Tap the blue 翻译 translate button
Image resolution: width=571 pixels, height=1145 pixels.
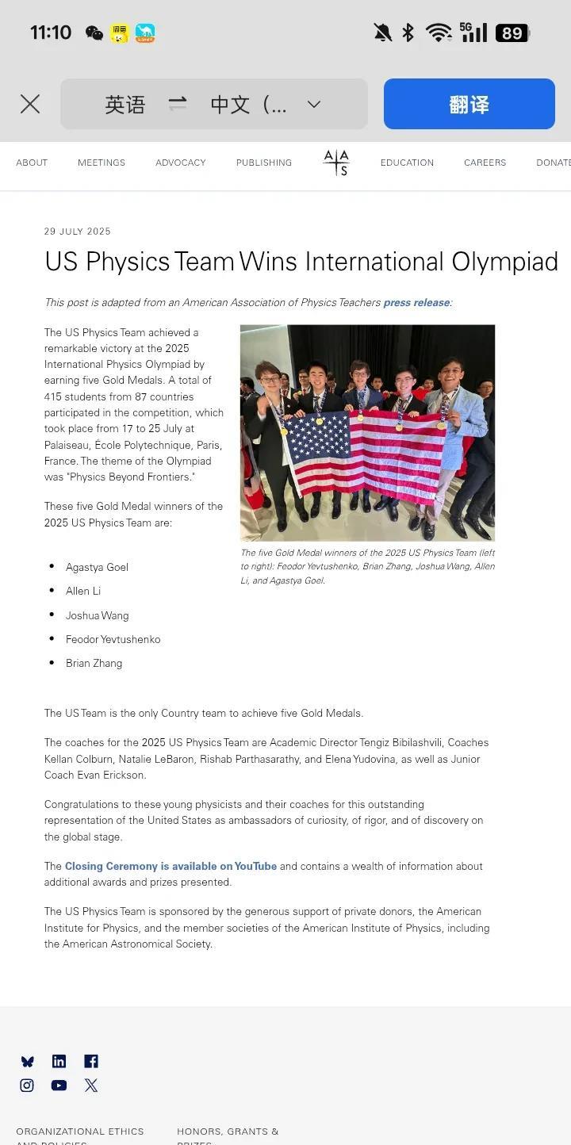pos(469,104)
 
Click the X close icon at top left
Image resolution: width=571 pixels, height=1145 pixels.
pos(30,104)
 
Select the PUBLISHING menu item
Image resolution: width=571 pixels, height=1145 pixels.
pos(263,163)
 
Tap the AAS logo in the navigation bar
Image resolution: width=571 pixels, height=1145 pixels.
pos(336,163)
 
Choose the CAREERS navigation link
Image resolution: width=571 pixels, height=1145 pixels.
pos(485,163)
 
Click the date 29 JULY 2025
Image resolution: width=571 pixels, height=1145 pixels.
pos(78,232)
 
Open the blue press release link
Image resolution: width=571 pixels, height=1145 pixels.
pos(416,302)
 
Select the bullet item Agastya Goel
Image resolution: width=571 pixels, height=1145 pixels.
pos(97,567)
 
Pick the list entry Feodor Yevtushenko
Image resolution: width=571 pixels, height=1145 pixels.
pos(113,639)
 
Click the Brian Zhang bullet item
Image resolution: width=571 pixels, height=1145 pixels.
pos(94,663)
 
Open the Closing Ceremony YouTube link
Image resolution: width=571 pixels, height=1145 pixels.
pos(171,866)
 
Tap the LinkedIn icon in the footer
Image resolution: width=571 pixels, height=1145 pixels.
pos(59,1061)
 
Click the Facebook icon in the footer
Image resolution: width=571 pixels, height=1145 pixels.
pos(91,1061)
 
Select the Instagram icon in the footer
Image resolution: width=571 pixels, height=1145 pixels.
pos(27,1085)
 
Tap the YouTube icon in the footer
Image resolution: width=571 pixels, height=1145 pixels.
pos(59,1085)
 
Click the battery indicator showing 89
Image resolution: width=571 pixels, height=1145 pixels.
pos(512,33)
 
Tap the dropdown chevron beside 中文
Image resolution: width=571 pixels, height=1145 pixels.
pos(314,104)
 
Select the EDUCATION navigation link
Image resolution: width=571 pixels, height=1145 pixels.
pos(407,163)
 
